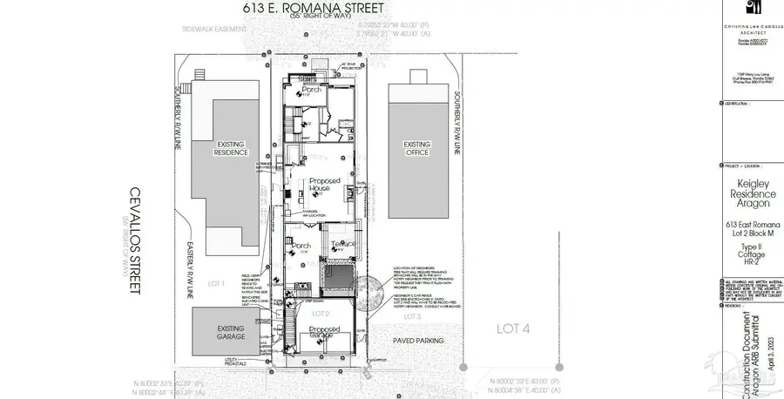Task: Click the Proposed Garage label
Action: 325,331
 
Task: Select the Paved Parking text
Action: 418,341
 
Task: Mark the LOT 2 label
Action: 320,312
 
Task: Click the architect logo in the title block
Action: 751,12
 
